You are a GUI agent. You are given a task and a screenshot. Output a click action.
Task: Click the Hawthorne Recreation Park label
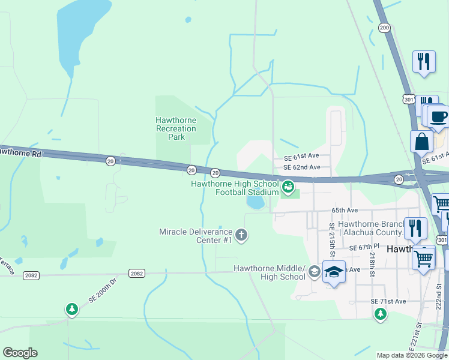[176, 128]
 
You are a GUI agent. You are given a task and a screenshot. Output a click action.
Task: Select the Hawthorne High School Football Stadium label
[235, 188]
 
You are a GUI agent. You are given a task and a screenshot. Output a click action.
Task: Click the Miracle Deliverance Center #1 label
[196, 236]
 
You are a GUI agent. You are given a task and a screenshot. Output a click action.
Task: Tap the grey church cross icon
[241, 235]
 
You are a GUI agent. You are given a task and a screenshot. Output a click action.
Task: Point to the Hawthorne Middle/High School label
[269, 272]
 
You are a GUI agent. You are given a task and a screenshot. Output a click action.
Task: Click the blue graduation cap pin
[334, 271]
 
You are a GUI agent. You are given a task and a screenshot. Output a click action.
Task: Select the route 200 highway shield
[385, 28]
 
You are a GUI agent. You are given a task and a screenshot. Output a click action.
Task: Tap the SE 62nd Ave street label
[306, 167]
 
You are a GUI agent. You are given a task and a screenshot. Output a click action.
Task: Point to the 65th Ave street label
[345, 211]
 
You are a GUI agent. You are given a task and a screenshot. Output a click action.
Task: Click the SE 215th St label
[331, 238]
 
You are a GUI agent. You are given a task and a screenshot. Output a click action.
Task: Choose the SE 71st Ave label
[388, 301]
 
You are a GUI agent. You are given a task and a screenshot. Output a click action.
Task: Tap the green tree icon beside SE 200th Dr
[72, 309]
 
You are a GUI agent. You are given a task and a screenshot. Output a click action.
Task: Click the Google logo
[20, 353]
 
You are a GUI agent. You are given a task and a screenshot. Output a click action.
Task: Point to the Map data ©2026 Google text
[412, 355]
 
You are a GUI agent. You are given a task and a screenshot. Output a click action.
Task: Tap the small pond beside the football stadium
[255, 203]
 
